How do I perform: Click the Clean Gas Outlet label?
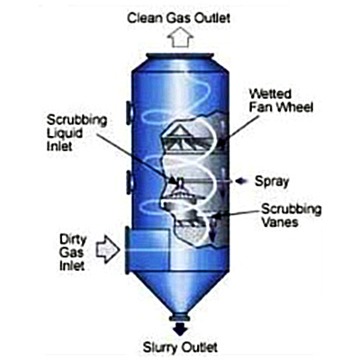tap(179, 18)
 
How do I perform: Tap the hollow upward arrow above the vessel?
tap(180, 37)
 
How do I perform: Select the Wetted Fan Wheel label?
tap(281, 101)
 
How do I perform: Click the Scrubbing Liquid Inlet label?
tap(76, 133)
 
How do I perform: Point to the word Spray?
tap(272, 182)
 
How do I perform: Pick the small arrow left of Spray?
tap(241, 181)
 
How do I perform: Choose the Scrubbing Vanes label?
tap(291, 215)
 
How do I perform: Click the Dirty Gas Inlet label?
tap(72, 253)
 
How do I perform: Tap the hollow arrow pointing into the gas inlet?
tap(108, 249)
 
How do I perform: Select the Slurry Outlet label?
tap(180, 347)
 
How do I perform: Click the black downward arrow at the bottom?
tap(180, 328)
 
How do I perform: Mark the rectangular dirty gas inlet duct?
tap(148, 249)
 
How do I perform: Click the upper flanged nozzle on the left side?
tap(130, 112)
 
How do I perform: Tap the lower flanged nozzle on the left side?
tap(130, 182)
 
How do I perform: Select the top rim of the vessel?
tap(180, 57)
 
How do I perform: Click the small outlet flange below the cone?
tap(180, 318)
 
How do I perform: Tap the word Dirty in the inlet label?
tap(73, 240)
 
